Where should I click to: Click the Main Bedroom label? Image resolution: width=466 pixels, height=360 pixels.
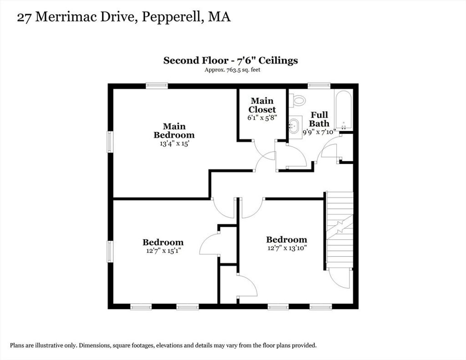click(x=174, y=131)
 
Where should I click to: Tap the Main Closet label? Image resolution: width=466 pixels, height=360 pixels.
click(x=262, y=105)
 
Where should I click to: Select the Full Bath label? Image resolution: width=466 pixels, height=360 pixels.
click(x=319, y=119)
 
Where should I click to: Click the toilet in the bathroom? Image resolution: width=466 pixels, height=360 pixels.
click(x=297, y=100)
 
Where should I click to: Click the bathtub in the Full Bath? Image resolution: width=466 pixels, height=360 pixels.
click(x=344, y=110)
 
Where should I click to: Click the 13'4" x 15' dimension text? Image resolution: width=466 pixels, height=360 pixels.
click(x=174, y=144)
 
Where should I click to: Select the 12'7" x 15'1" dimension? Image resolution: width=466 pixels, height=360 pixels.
click(x=163, y=251)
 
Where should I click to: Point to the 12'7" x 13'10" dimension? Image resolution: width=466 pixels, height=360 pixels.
click(x=287, y=248)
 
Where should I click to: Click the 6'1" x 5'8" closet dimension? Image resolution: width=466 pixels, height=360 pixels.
click(x=262, y=117)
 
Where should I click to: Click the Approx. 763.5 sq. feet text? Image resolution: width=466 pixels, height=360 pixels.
click(x=233, y=70)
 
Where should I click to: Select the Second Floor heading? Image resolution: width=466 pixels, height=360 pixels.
click(x=231, y=61)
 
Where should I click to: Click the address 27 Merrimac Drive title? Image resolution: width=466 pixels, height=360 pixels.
click(x=124, y=17)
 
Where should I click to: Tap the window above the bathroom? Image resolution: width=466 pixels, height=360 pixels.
click(x=319, y=86)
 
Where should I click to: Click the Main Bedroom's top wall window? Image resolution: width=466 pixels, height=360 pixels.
click(x=157, y=86)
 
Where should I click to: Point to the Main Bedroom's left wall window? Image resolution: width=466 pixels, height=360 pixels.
click(x=110, y=142)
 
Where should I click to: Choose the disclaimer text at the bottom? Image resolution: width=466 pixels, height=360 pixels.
click(x=163, y=345)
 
